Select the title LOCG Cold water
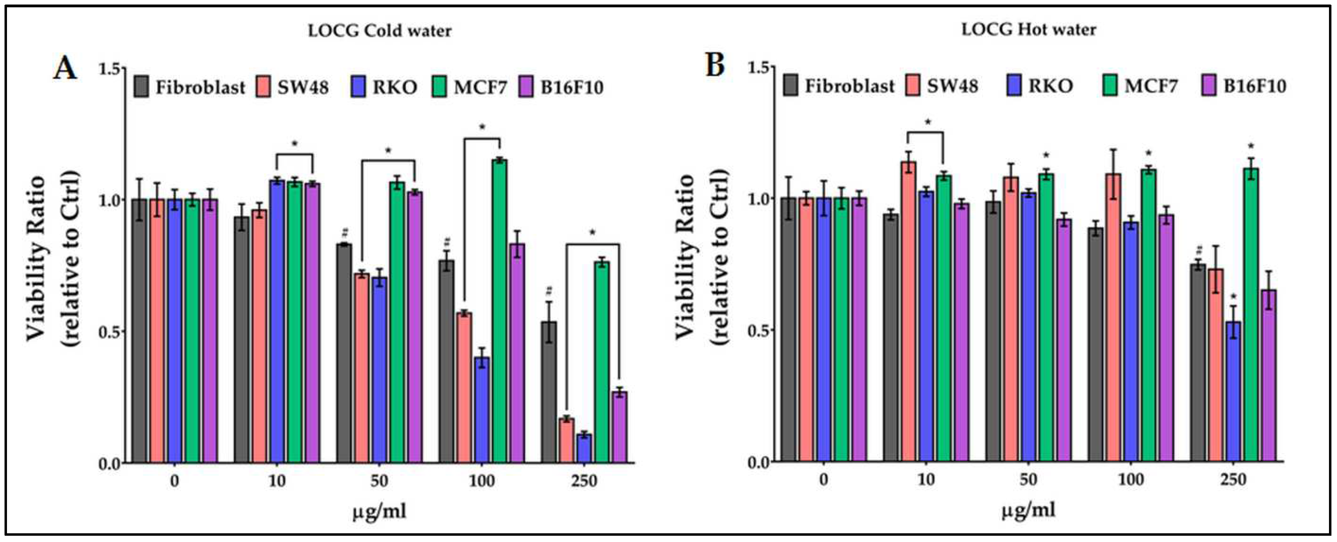(379, 31)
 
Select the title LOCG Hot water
(1029, 30)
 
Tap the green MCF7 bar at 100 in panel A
(499, 311)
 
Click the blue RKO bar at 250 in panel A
(584, 449)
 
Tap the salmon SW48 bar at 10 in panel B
(908, 311)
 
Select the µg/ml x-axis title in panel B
(1028, 511)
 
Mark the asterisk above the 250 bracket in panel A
(593, 233)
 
